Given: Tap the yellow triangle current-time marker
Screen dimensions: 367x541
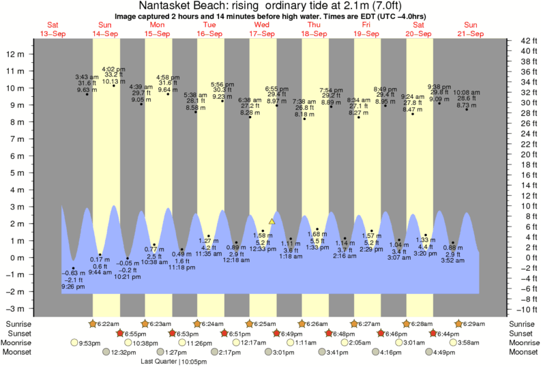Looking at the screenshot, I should point(272,221).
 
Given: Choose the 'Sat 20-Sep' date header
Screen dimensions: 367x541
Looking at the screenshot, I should point(418,29).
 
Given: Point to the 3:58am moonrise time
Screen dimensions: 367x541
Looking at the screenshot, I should point(470,342).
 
